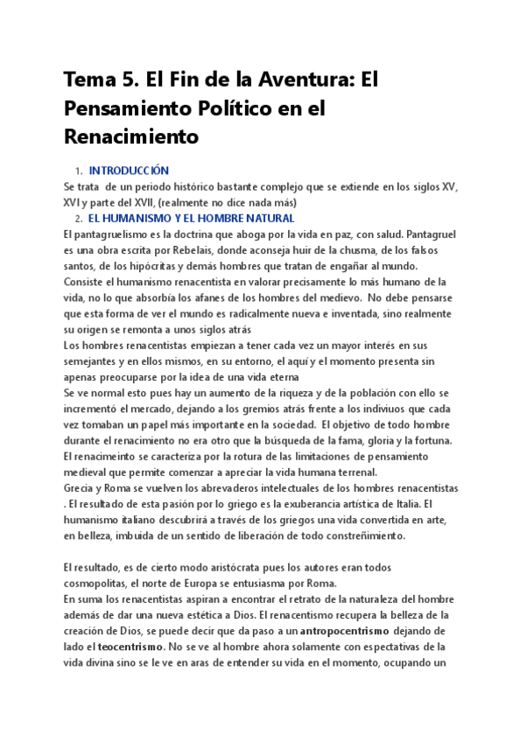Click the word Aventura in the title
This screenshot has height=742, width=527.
point(302,81)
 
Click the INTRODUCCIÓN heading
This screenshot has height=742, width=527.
point(129,171)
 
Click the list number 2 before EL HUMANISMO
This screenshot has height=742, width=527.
point(78,219)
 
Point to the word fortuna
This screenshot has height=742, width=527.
point(428,439)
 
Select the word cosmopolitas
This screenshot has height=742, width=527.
point(100,582)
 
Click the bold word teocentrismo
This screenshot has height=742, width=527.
point(131,646)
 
